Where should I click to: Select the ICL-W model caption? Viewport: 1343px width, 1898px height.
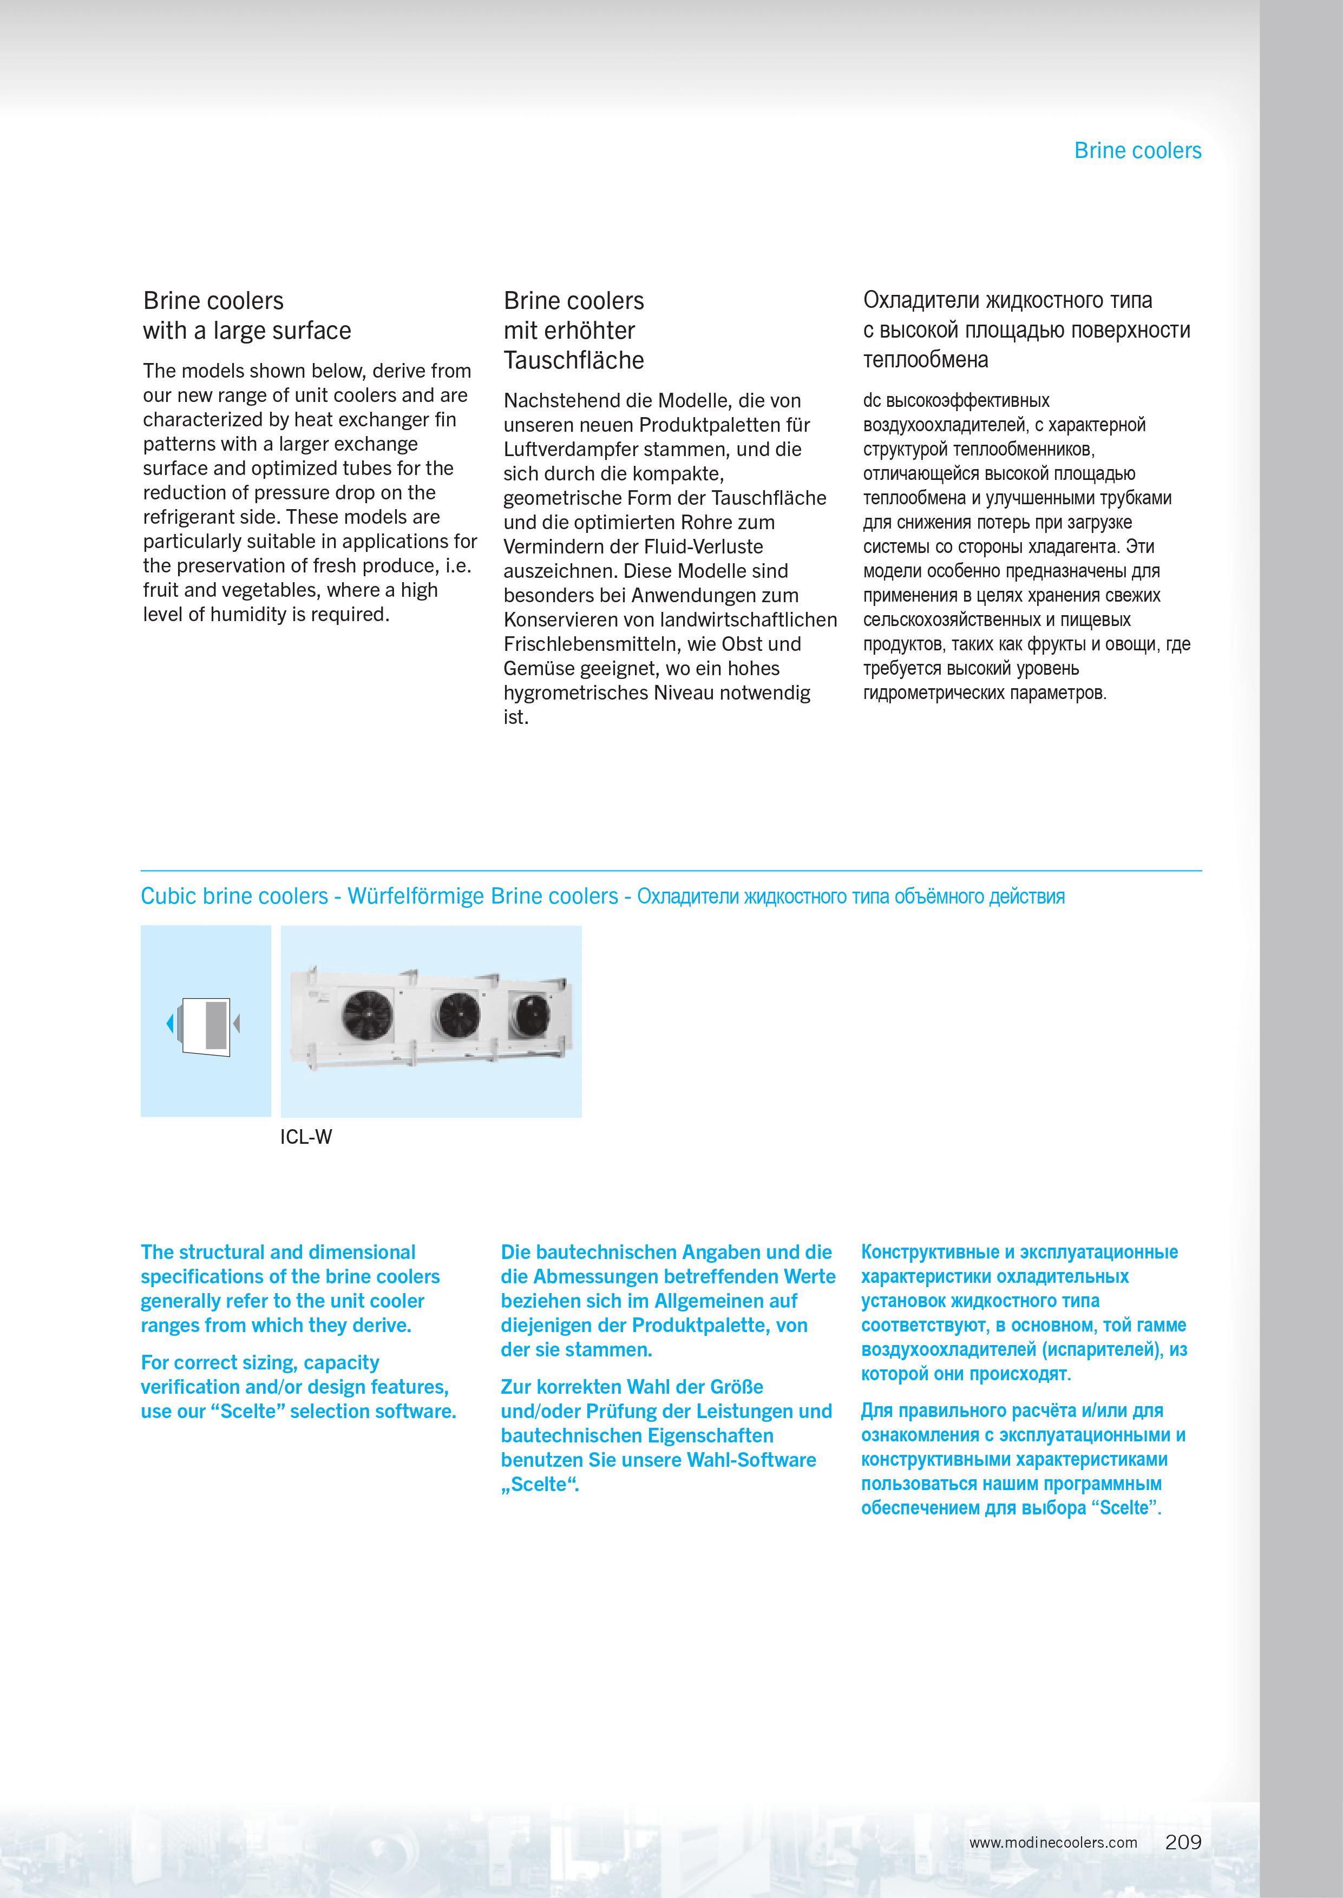click(306, 1137)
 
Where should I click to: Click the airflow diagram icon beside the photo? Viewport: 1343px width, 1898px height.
click(204, 1025)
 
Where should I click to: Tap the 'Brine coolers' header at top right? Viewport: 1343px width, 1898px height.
click(1137, 150)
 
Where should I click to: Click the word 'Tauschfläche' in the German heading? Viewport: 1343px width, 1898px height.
click(573, 360)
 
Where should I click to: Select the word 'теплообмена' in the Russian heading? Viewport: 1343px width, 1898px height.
click(926, 360)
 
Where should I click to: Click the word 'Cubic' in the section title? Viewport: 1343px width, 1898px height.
click(166, 896)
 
